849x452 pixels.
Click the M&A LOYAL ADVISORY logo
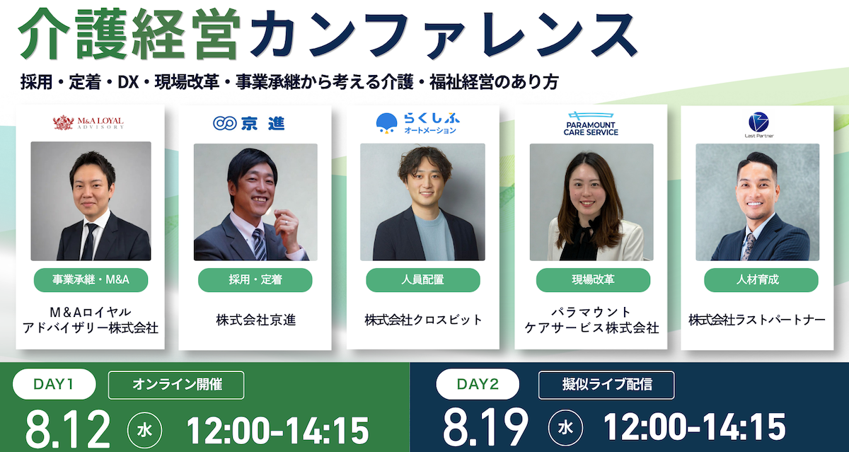88,123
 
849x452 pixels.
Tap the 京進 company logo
248,124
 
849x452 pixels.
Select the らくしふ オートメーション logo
417,124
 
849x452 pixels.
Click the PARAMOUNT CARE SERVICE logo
591,124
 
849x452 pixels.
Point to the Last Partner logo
758,124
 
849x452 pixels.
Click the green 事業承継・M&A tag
91,280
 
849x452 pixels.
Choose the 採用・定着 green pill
255,280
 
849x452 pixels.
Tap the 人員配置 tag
423,280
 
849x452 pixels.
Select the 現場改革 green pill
593,280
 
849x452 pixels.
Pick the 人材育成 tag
761,280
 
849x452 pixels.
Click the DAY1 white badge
54,384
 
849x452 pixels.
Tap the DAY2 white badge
478,384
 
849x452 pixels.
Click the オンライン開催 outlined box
176,385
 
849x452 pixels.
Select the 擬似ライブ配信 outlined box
606,385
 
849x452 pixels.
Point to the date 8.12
67,430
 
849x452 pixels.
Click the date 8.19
485,428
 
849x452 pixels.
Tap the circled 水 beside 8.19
565,428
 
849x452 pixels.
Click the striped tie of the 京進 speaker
260,245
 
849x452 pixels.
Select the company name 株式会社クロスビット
423,320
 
